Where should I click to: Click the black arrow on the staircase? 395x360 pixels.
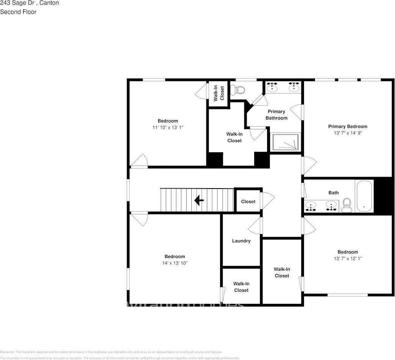click(x=199, y=200)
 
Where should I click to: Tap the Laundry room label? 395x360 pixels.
click(x=241, y=241)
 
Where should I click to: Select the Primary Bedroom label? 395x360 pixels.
click(x=348, y=126)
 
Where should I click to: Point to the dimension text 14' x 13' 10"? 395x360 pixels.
click(x=175, y=263)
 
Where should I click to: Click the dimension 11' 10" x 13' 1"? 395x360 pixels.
click(x=168, y=127)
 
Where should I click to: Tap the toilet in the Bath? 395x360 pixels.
click(x=347, y=206)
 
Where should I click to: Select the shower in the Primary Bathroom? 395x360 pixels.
click(x=285, y=143)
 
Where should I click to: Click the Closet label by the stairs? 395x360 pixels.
click(x=248, y=202)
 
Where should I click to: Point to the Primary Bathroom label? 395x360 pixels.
click(x=276, y=115)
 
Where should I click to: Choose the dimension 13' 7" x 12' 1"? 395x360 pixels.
click(x=348, y=258)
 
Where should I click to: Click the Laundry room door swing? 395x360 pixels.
click(x=255, y=226)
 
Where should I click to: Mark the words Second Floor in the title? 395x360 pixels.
click(x=18, y=12)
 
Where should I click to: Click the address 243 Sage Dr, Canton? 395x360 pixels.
click(x=29, y=3)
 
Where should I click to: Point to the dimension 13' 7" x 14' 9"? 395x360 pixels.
click(x=348, y=133)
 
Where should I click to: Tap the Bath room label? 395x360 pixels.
click(x=334, y=193)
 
